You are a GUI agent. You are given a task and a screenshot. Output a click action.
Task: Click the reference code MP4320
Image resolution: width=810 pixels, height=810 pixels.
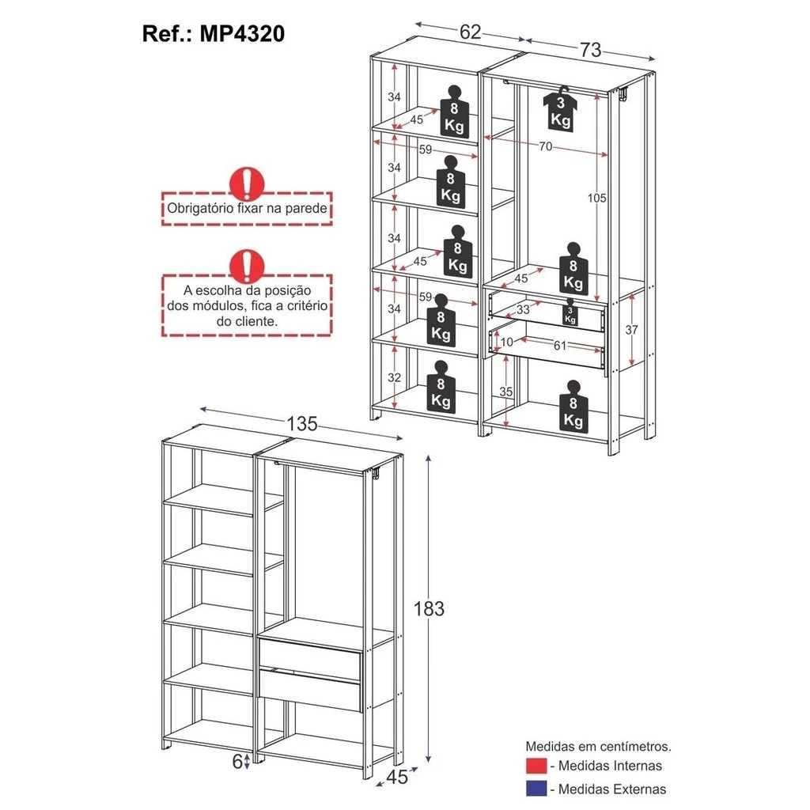[242, 34]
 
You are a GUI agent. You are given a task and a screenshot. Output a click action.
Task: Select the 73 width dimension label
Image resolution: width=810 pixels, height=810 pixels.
[590, 50]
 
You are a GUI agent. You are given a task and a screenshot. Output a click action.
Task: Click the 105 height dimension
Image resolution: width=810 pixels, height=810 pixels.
[597, 198]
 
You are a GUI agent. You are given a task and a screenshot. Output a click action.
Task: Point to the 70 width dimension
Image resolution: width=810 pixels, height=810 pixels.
[546, 146]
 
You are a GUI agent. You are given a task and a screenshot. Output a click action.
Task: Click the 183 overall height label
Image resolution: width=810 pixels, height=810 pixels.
[430, 608]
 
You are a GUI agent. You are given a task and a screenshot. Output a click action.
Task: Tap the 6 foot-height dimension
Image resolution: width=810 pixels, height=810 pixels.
[237, 761]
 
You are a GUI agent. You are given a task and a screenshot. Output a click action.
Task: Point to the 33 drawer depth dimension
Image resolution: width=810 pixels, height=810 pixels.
[522, 310]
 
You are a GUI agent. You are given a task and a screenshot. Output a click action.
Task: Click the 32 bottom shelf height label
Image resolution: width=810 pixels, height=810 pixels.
[394, 377]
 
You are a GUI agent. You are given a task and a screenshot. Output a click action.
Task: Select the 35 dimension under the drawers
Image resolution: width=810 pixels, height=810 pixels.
[508, 392]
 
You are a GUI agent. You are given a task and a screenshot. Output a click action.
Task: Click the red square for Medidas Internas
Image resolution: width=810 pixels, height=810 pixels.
[535, 766]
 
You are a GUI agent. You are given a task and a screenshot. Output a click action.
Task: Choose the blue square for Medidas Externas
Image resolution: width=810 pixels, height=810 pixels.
[535, 789]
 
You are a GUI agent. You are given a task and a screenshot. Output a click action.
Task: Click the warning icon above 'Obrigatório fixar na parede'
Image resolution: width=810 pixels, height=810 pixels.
[247, 183]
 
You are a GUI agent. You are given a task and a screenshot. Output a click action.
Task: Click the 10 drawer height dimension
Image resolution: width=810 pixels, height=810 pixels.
[506, 341]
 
